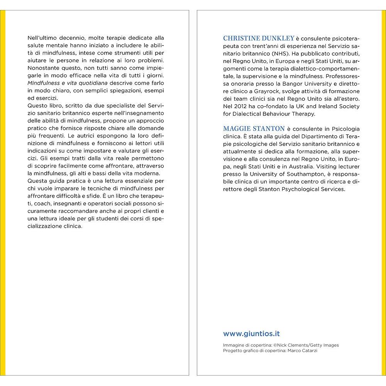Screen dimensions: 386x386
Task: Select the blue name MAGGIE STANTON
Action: pos(253,129)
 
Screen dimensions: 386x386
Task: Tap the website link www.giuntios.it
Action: pos(251,334)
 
